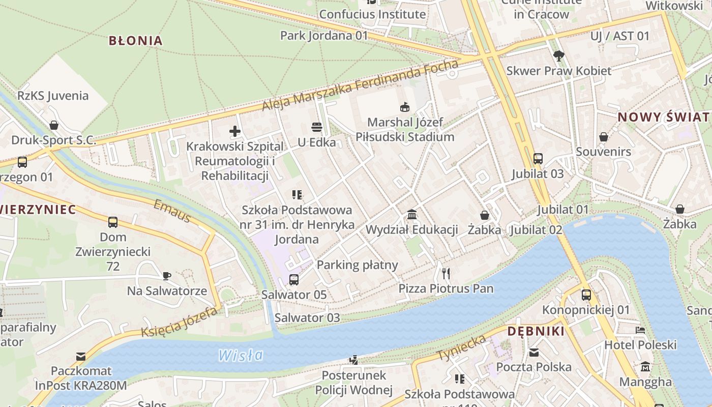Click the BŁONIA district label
135,41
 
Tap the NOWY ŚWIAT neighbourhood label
663,117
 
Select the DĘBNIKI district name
536,332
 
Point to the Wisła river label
241,355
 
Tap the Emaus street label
172,211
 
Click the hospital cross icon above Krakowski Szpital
234,132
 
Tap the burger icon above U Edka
317,127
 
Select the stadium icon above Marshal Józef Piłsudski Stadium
404,107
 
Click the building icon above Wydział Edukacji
412,215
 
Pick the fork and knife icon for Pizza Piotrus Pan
446,274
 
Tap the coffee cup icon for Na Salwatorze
166,276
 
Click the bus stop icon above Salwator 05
294,279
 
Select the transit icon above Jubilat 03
538,159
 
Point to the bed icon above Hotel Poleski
640,330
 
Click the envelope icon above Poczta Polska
534,352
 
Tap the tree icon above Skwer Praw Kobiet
558,55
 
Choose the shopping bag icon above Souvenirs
603,137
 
